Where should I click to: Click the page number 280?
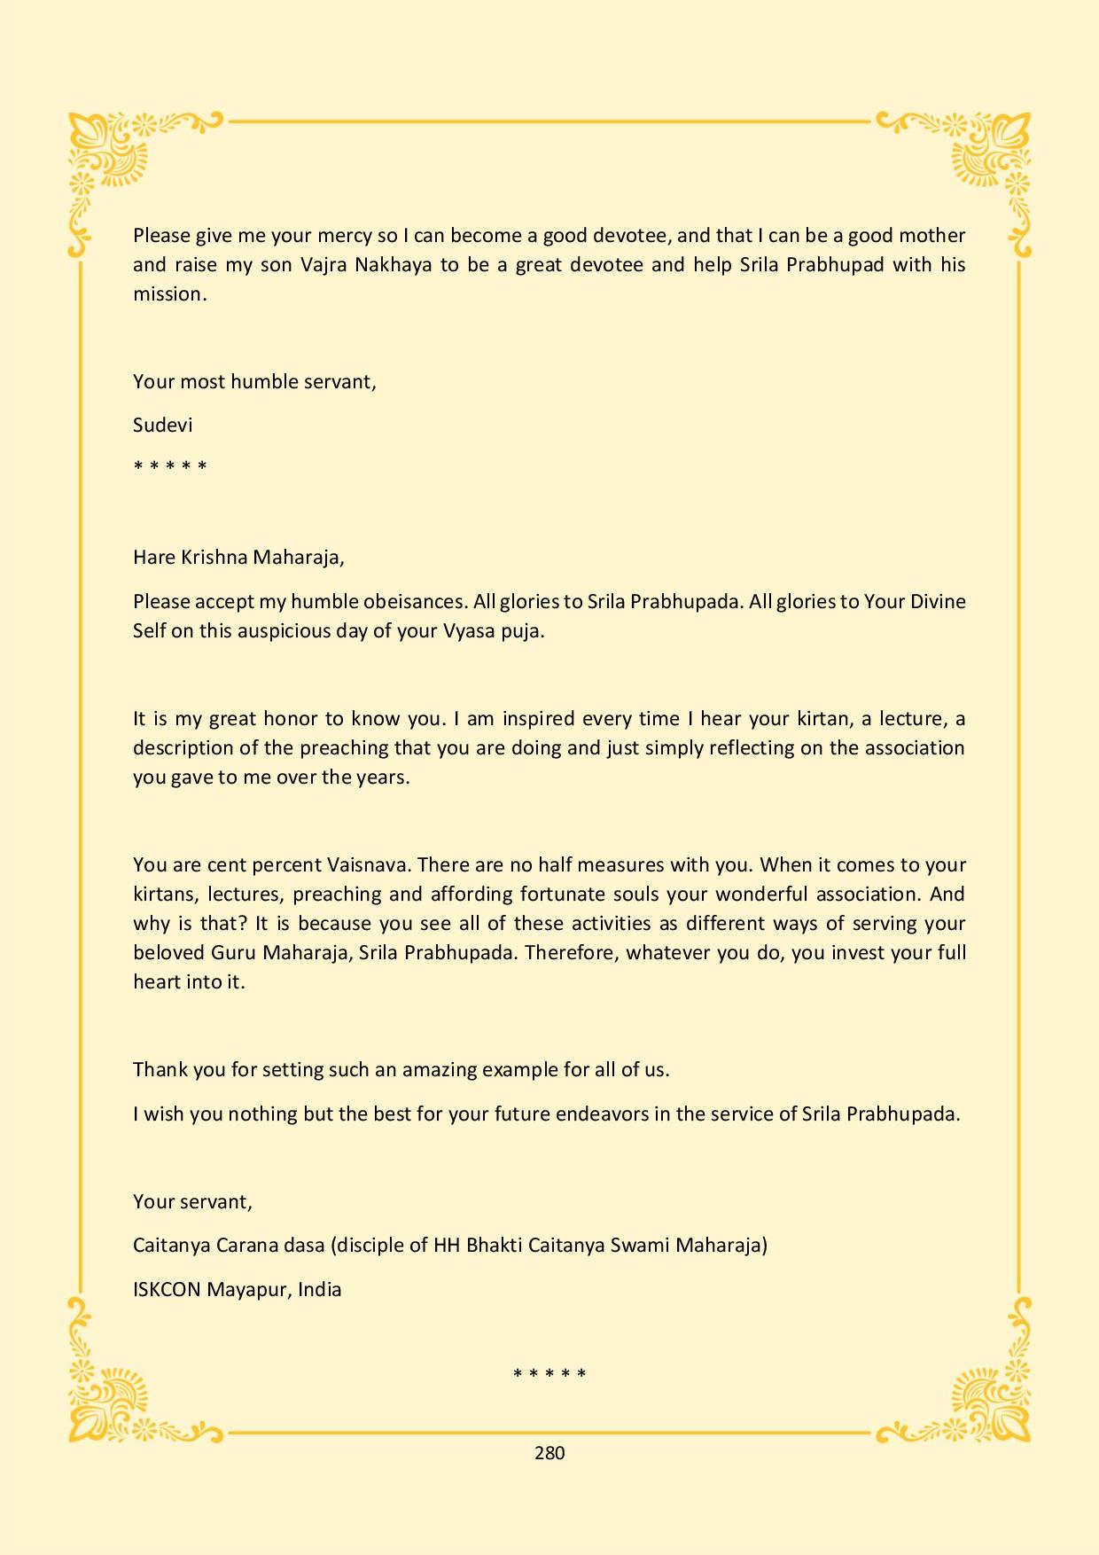tap(549, 1452)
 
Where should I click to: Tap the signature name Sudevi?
tap(162, 425)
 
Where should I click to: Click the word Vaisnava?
tap(367, 864)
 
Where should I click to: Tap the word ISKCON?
tap(167, 1289)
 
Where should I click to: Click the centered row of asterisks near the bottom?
tap(549, 1374)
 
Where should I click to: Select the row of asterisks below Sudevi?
tap(170, 466)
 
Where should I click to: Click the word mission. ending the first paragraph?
tap(169, 293)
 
